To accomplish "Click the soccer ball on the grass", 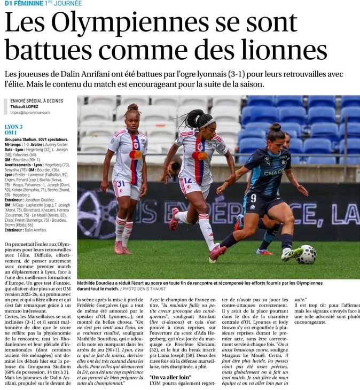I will (x=307, y=254).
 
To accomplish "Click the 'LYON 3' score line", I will (x=14, y=127).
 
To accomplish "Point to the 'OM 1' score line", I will (x=11, y=132).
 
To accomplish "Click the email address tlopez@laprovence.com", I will (x=30, y=112).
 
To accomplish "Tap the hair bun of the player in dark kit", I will (x=276, y=127).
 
